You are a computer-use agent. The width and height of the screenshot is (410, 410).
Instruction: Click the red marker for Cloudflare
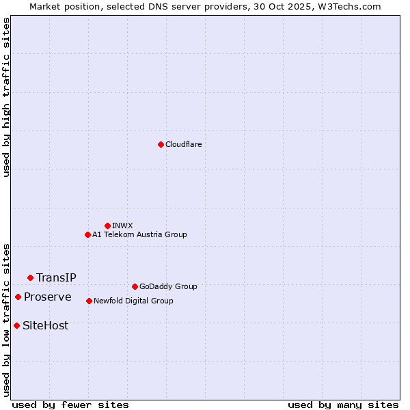(161, 144)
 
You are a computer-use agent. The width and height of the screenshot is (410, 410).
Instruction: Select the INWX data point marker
(107, 225)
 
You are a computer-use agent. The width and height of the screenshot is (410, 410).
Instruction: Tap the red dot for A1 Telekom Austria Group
(87, 234)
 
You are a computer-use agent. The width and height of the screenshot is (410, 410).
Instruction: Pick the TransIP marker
(30, 277)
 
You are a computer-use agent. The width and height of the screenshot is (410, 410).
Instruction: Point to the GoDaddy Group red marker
(135, 286)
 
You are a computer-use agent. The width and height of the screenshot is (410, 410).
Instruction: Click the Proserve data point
(18, 297)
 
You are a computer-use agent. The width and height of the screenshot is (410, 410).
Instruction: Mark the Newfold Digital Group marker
(89, 301)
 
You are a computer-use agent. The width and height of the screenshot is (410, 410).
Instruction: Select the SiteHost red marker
(16, 325)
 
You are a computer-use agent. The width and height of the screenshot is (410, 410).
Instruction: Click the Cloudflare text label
(184, 144)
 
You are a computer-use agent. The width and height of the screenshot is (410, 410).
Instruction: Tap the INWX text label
(122, 225)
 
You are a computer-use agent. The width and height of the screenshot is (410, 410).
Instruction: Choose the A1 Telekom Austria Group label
(139, 234)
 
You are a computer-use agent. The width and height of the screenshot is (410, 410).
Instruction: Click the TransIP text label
(56, 277)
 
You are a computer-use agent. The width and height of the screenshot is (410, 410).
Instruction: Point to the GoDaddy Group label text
(168, 286)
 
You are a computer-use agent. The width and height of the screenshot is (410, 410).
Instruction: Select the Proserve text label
(47, 297)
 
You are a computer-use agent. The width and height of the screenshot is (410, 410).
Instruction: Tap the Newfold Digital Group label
(133, 301)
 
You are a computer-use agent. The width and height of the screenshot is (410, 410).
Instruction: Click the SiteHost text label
(45, 325)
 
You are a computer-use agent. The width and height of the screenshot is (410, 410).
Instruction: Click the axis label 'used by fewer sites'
(70, 405)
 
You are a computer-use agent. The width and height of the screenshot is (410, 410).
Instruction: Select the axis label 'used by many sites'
(343, 405)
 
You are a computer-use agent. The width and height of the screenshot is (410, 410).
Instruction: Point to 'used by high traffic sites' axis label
(6, 97)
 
